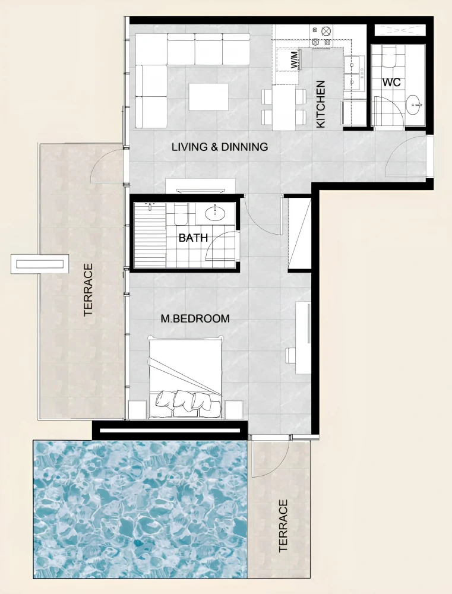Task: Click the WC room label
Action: tap(391, 82)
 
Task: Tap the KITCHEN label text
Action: tap(321, 104)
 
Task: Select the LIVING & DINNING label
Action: tap(220, 147)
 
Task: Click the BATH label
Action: tap(193, 238)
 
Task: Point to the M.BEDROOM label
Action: tap(195, 318)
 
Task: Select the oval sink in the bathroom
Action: tap(215, 213)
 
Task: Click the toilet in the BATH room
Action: tap(181, 214)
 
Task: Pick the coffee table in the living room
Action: tap(208, 97)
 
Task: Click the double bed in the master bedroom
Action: tap(185, 377)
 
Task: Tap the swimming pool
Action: tap(141, 509)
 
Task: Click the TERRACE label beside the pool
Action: tap(283, 526)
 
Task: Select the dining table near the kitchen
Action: tap(284, 107)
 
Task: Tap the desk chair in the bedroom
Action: tap(290, 356)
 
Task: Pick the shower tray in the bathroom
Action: tap(150, 235)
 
